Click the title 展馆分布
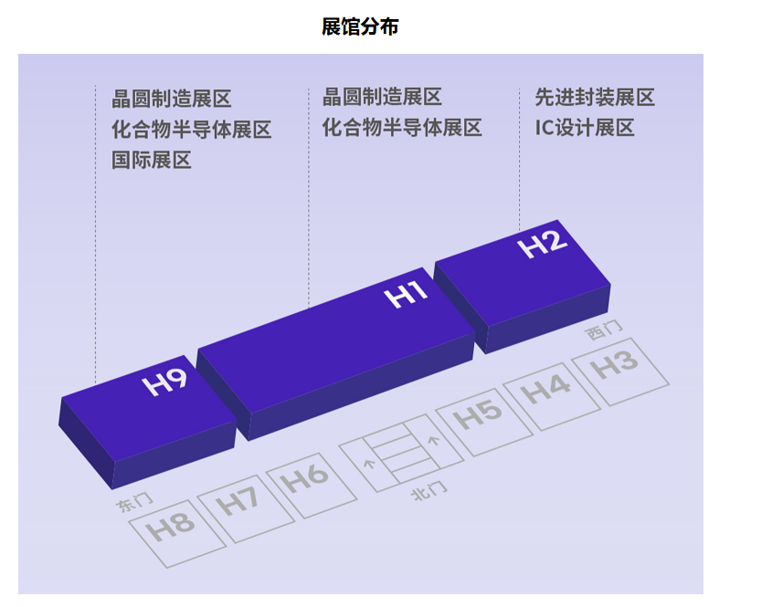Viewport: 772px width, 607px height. (360, 27)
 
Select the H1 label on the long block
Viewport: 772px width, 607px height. (407, 295)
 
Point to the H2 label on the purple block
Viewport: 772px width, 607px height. (543, 245)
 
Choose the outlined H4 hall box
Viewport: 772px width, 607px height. (549, 390)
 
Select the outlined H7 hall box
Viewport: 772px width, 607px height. (238, 502)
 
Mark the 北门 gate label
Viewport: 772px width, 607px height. (429, 492)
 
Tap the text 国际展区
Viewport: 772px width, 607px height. (152, 161)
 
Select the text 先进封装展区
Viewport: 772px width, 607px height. (595, 98)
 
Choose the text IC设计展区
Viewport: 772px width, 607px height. (585, 128)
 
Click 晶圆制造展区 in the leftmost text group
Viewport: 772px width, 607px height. (172, 99)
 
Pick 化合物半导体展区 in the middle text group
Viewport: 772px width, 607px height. (402, 128)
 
